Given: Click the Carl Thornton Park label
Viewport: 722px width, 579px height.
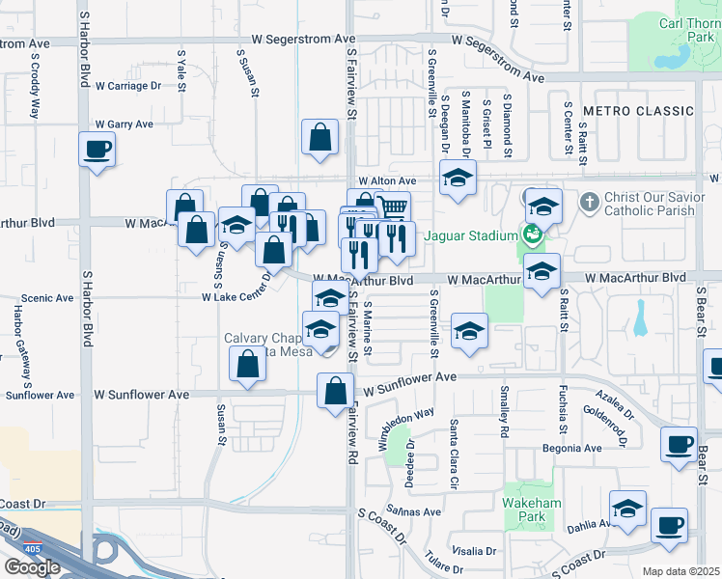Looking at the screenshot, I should [686, 27].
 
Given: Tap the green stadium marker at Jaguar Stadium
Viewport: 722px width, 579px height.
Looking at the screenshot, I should [532, 234].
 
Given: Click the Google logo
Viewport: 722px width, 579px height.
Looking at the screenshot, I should [32, 567].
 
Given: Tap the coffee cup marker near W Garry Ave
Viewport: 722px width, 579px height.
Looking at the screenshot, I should [96, 151].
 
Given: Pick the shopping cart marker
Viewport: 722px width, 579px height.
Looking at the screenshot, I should [392, 207].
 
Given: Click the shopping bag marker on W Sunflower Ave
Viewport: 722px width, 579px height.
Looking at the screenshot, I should [336, 391].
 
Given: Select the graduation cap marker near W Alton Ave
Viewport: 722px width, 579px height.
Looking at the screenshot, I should [458, 177].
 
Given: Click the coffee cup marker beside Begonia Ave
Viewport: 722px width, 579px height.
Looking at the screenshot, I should [679, 443].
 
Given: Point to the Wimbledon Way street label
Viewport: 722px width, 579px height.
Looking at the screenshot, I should [406, 426].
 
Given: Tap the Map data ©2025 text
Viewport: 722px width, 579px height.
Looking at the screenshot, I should [681, 571].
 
